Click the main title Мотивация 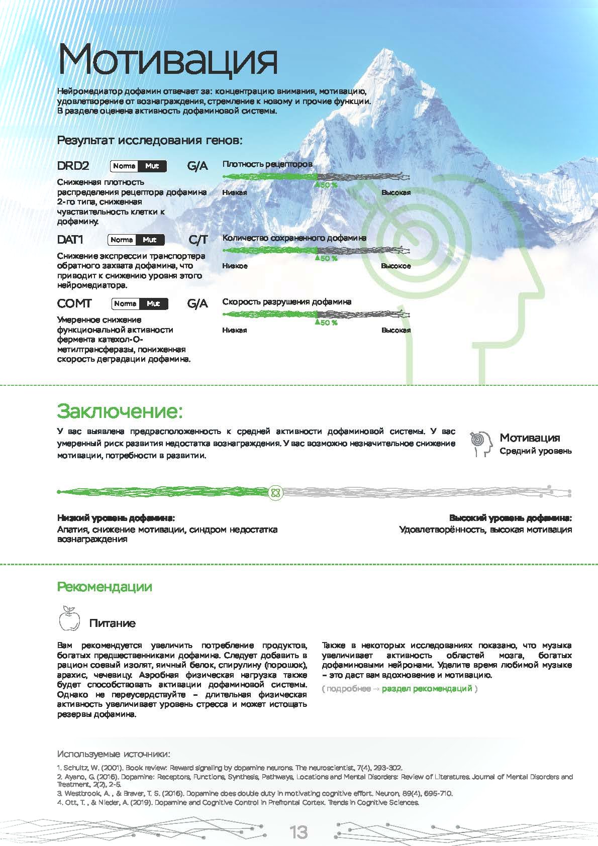[x=167, y=59]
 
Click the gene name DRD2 [x=73, y=166]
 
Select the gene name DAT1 [x=70, y=240]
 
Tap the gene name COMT [x=74, y=303]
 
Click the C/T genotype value [x=198, y=240]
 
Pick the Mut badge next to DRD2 [x=152, y=166]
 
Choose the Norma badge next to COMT [x=125, y=303]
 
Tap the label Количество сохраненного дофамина [x=294, y=238]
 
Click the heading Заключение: [x=120, y=411]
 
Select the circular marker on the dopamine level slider [x=275, y=492]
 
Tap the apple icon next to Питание [x=69, y=618]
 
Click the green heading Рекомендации [x=105, y=587]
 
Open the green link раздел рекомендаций [x=427, y=688]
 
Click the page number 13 [x=298, y=832]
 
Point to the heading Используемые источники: [x=114, y=754]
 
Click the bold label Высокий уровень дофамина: [x=510, y=518]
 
